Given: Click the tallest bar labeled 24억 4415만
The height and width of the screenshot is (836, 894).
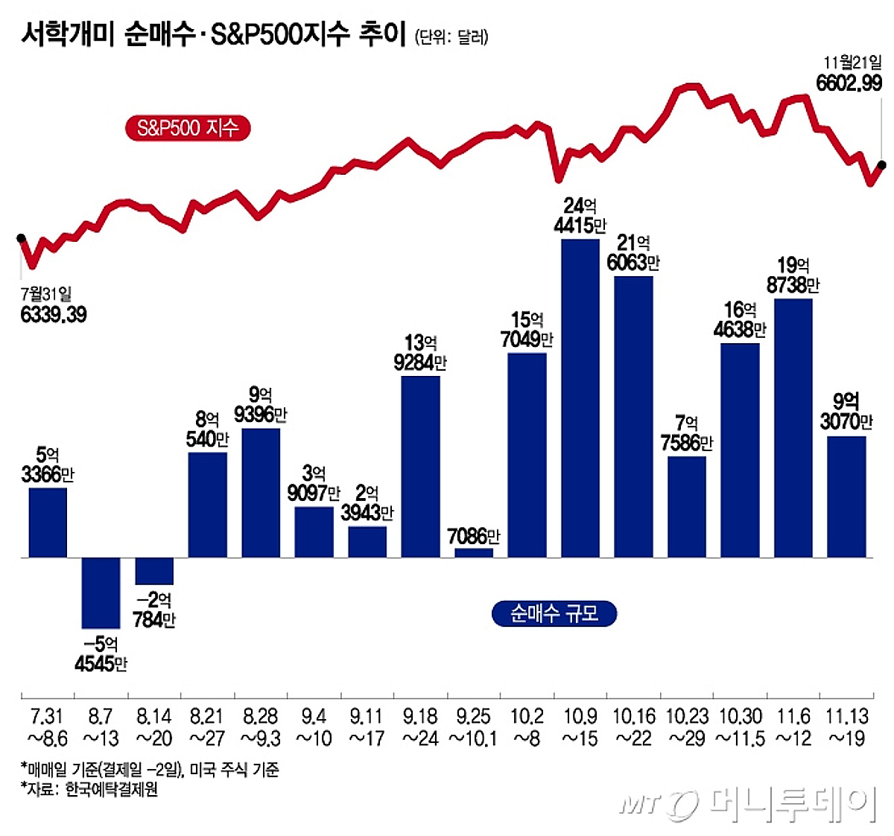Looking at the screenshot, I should [580, 398].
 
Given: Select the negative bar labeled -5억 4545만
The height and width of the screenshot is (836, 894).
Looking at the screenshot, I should [101, 593].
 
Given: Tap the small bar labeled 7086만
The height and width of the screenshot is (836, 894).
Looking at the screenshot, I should [474, 552].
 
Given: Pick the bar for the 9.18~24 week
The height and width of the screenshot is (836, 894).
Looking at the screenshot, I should [420, 467].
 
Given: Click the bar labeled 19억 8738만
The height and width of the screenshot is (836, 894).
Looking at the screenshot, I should [793, 428].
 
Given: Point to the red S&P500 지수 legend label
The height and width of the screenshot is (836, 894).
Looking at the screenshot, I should [187, 128].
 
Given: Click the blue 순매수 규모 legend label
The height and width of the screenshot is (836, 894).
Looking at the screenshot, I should [554, 613].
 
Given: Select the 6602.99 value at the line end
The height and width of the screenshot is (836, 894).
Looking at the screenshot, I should [849, 83].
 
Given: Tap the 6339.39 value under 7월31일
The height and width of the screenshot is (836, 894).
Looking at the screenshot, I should [54, 315].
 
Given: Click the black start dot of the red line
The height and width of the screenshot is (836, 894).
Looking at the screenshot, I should [21, 238].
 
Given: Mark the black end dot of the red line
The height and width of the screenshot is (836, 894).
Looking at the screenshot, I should [882, 165].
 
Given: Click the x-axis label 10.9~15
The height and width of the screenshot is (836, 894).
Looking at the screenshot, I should [580, 727].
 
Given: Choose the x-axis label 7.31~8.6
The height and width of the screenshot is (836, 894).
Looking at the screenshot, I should [48, 727].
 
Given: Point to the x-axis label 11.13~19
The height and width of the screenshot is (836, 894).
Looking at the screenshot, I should [846, 727].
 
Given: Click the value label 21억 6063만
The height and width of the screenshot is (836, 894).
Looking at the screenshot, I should [633, 253].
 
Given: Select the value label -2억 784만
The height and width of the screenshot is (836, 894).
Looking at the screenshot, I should [154, 610].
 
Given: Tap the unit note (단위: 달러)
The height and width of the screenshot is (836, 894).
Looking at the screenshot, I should [451, 36].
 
